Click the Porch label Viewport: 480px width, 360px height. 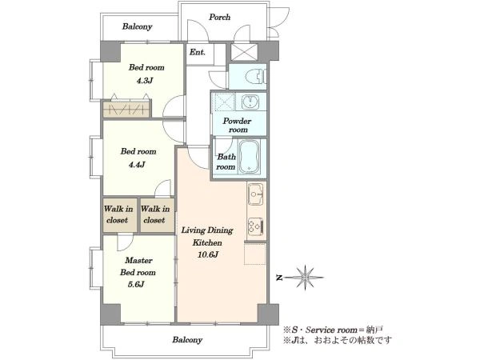[x=219, y=17]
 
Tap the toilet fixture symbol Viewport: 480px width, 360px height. [x=256, y=76]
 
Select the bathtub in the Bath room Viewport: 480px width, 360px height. [x=249, y=157]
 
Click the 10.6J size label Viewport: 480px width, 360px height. [x=208, y=254]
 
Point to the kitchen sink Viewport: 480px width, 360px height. [x=255, y=194]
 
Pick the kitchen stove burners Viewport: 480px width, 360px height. [x=255, y=226]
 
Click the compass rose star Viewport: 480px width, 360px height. [x=305, y=278]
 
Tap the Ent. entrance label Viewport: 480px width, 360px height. [x=198, y=52]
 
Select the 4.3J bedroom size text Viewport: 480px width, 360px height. [x=145, y=81]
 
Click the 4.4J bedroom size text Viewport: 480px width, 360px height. [x=137, y=165]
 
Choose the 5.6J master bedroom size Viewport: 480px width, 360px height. [x=136, y=284]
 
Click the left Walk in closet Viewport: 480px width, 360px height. [x=119, y=214]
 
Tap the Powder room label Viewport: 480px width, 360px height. [x=238, y=126]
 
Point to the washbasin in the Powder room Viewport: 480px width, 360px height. [x=250, y=102]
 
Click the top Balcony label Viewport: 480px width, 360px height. [x=137, y=26]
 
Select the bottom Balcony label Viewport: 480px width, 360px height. [x=187, y=340]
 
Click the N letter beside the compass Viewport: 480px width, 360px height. [x=279, y=278]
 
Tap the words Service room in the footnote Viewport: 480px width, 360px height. [x=331, y=330]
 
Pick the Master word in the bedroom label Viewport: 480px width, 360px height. [x=138, y=261]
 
